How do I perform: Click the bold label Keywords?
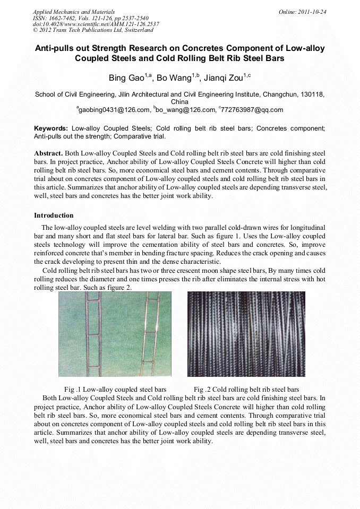click(x=51, y=128)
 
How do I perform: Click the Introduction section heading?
click(x=54, y=215)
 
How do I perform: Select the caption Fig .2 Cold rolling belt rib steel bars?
click(x=246, y=389)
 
